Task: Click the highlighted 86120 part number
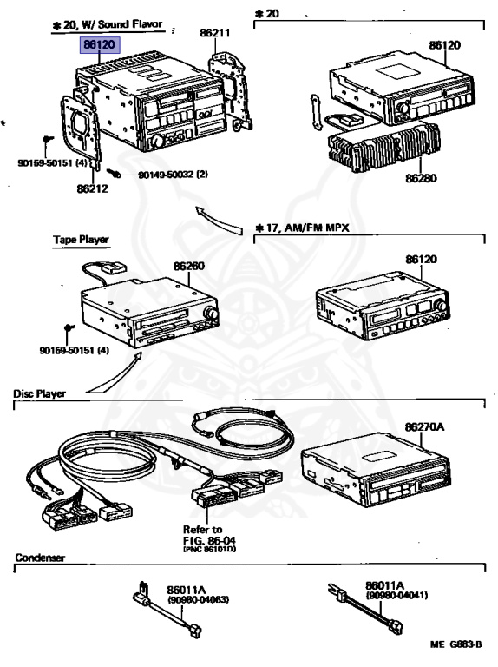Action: [x=100, y=44]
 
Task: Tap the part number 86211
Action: [x=215, y=32]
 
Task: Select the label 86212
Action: [x=92, y=188]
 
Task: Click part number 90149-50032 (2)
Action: [x=173, y=175]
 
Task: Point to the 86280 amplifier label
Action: [x=421, y=178]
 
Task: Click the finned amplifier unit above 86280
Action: [x=384, y=146]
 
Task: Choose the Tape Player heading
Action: [x=82, y=240]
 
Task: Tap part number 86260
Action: [x=188, y=267]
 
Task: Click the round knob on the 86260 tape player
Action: [x=211, y=314]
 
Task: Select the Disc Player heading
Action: [x=40, y=393]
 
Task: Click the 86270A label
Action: [x=424, y=426]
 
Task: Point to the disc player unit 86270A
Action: [x=376, y=470]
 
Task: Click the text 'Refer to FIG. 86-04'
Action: [x=209, y=535]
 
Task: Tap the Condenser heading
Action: [x=40, y=558]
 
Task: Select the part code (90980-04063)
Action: [x=199, y=600]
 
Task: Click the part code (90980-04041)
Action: [x=396, y=595]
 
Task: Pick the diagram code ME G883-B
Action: [x=456, y=644]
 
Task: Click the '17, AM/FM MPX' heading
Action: [x=302, y=228]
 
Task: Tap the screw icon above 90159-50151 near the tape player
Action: [x=69, y=328]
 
